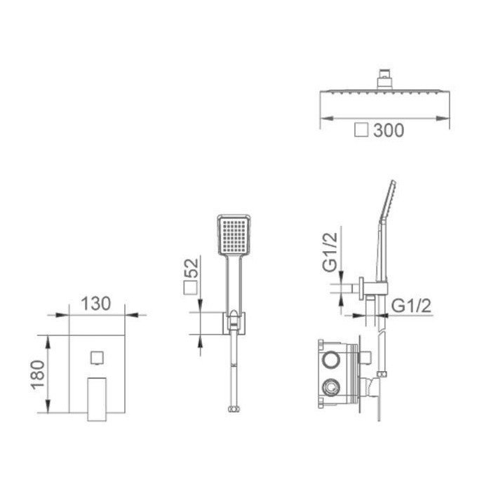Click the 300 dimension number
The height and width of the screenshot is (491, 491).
389,130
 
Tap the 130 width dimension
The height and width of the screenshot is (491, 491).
96,304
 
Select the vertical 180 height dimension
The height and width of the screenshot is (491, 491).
38,375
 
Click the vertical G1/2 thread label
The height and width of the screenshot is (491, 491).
330,252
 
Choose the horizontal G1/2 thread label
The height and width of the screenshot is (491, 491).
412,306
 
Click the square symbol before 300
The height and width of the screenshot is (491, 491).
361,130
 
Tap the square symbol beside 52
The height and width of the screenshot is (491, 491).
191,288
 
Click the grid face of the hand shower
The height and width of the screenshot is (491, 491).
234,235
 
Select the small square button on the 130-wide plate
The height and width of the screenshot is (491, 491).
97,358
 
